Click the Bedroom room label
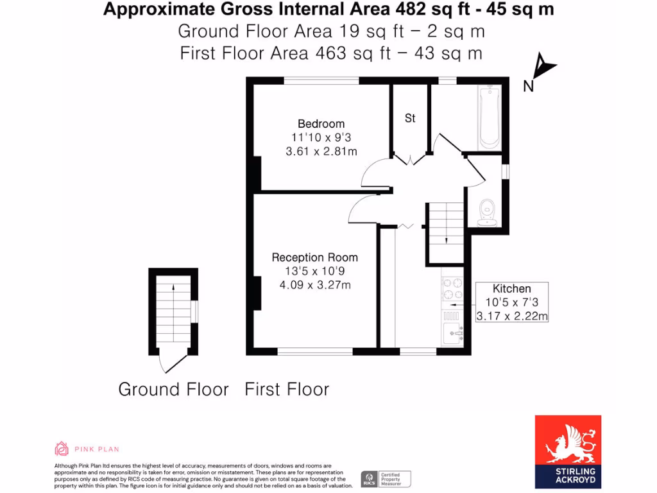coord(321,124)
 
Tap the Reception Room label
coord(314,257)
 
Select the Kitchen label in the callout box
coord(511,289)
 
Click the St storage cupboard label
coord(410,118)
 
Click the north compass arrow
coord(545,66)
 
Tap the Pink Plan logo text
coord(97,449)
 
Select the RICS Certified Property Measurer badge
coord(386,479)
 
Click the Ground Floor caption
coord(173,390)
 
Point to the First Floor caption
coord(287,390)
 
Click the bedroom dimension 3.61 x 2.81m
coord(321,151)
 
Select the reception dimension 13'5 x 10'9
coord(314,272)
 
